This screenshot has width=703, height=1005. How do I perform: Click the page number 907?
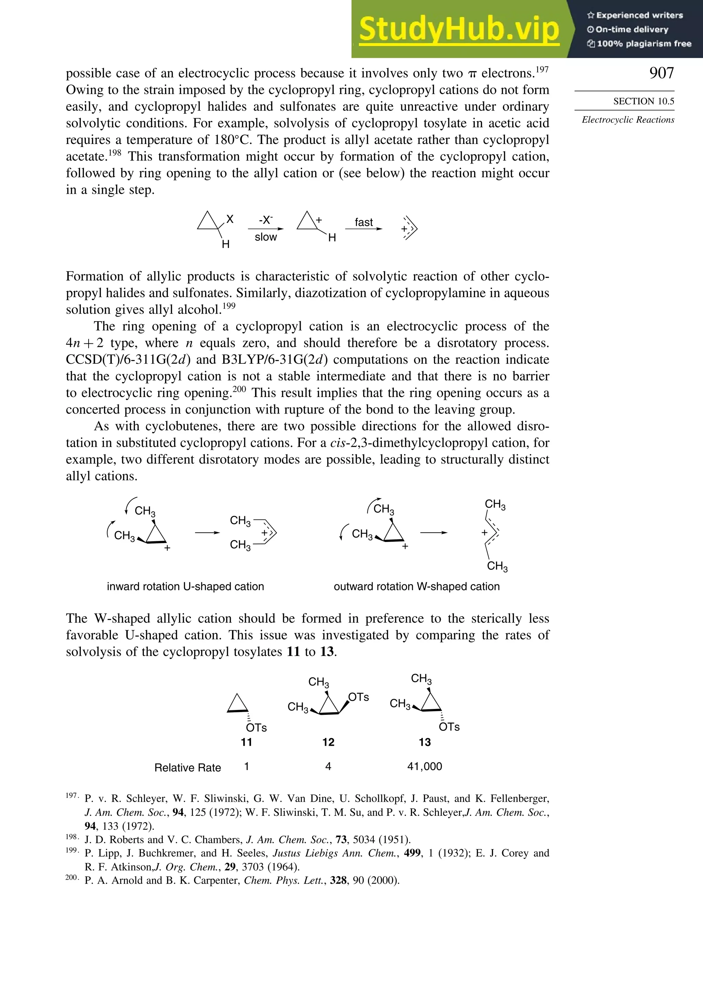coord(661,73)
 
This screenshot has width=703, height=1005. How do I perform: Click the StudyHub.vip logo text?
coord(459,29)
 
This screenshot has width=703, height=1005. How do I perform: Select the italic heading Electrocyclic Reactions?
coord(628,120)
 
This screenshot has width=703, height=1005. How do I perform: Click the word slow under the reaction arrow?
coord(266,237)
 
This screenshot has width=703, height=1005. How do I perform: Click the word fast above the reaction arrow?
coord(364,222)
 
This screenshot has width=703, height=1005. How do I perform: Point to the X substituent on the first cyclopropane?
coord(230,219)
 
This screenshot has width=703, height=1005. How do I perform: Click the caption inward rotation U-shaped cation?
coord(185,587)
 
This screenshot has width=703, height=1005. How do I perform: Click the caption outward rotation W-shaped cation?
coord(416,587)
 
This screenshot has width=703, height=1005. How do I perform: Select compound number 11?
coord(246,742)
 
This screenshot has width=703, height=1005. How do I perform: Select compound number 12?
coord(328,742)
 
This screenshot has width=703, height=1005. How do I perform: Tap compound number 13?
coord(424,742)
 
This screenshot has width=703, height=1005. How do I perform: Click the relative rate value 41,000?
coord(424,766)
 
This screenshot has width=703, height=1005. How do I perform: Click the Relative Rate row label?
coord(188,767)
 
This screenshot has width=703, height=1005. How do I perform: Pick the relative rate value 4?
coord(328,766)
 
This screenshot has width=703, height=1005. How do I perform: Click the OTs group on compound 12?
coord(359,697)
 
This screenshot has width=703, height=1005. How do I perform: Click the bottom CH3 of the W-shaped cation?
coord(497,566)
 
